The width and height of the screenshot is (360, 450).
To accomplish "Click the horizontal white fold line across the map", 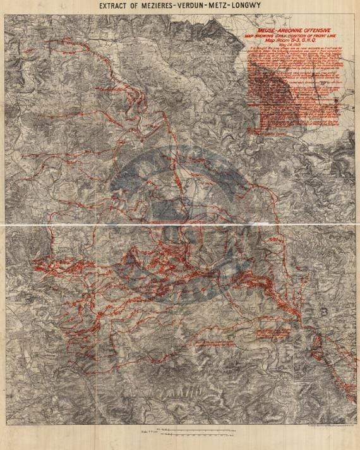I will pyautogui.click(x=180, y=225).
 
